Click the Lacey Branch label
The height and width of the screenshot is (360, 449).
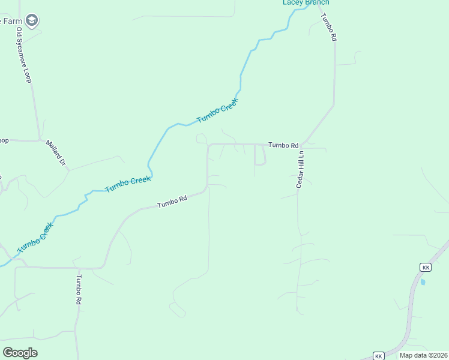point(306,2)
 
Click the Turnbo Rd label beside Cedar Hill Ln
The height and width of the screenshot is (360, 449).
point(283,145)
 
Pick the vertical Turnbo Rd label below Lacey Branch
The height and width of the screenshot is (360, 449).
point(330,27)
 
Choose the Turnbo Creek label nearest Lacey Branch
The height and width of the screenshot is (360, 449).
point(217,111)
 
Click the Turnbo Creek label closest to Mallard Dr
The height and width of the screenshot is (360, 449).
point(128,184)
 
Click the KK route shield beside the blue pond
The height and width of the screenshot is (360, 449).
point(426,267)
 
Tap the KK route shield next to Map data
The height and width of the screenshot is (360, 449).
point(378,356)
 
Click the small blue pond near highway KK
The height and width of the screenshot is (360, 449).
point(423,281)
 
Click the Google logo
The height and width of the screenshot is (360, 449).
point(20,353)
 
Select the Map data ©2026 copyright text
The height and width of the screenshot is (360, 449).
point(423,355)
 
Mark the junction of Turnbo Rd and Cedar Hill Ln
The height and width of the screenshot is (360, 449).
point(301,145)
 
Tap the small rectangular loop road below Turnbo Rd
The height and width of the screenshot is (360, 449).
point(260,155)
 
